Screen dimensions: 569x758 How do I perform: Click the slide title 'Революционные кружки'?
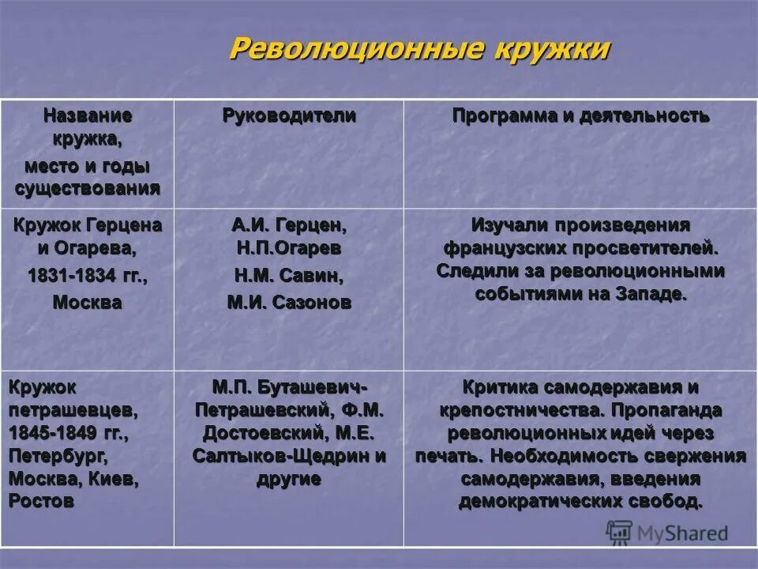point(419,48)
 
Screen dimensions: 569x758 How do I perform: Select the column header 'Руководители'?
point(288,116)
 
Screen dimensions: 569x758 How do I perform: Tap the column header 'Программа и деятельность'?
point(580,116)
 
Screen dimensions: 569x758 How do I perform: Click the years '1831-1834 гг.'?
point(87,277)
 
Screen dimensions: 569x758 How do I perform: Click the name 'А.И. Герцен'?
point(288,225)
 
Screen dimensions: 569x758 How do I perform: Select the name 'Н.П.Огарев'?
point(288,249)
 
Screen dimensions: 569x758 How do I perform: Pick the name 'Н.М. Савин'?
point(288,276)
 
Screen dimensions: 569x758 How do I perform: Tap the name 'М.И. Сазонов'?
point(288,302)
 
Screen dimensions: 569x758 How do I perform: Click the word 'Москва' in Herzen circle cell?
point(87,303)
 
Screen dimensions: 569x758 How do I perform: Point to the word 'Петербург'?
point(58,456)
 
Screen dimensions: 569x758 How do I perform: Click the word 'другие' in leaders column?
point(288,479)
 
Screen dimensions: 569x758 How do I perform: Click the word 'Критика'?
point(501,387)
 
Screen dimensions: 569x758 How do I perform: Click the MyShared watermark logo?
point(666,532)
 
